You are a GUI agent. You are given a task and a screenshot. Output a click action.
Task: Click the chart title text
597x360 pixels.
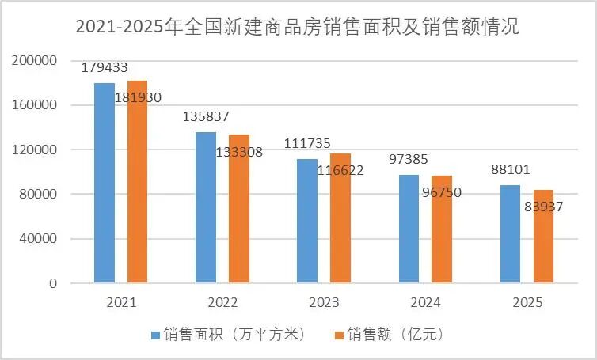[298, 28]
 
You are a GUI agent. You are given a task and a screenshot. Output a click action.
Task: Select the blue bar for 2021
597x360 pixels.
[105, 182]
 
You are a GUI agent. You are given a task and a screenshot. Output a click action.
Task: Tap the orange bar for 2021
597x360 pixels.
[137, 181]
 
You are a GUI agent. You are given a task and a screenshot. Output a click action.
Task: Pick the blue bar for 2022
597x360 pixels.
[206, 207]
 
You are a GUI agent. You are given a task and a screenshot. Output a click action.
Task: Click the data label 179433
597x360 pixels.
[105, 68]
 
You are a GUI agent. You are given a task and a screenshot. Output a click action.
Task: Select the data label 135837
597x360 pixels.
[206, 116]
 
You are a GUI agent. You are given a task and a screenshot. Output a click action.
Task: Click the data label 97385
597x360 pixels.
[409, 160]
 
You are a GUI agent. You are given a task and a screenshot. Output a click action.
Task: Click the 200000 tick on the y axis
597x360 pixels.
[35, 61]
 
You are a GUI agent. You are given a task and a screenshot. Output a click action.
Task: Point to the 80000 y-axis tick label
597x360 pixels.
[38, 195]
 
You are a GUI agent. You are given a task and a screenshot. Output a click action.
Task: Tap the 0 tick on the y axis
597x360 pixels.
[54, 283]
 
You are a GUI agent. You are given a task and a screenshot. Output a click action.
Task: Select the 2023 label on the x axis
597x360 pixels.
[323, 303]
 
